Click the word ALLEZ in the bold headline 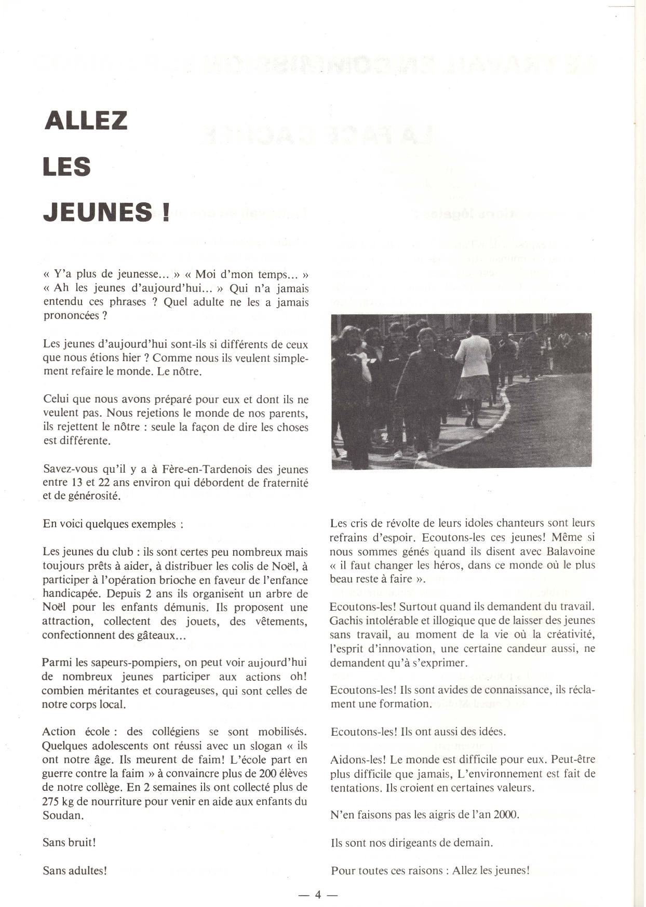[86, 120]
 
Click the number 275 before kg [51, 801]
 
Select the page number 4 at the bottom [318, 895]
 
